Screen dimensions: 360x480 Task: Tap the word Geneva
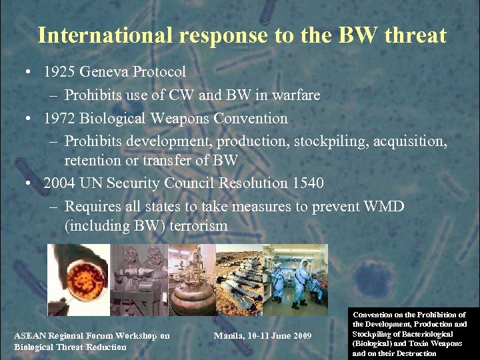pos(105,71)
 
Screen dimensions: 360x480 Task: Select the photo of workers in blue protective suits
pos(295,279)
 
